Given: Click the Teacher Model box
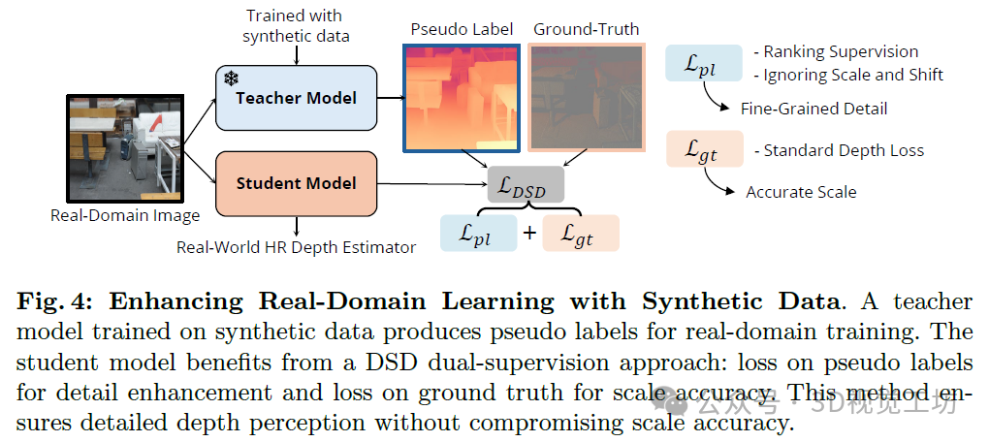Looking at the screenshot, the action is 295,97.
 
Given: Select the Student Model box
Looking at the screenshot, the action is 295,182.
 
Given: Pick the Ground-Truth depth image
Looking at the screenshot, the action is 587,97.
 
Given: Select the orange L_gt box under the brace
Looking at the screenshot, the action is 579,234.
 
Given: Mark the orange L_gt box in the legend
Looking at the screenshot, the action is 697,149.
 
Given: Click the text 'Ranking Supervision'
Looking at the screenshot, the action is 840,52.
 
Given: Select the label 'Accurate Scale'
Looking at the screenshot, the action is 801,192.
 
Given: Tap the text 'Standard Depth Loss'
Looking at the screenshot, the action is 844,150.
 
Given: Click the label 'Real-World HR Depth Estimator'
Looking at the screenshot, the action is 296,247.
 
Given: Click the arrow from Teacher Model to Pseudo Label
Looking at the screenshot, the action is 389,97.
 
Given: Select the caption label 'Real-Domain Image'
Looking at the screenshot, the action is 125,215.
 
